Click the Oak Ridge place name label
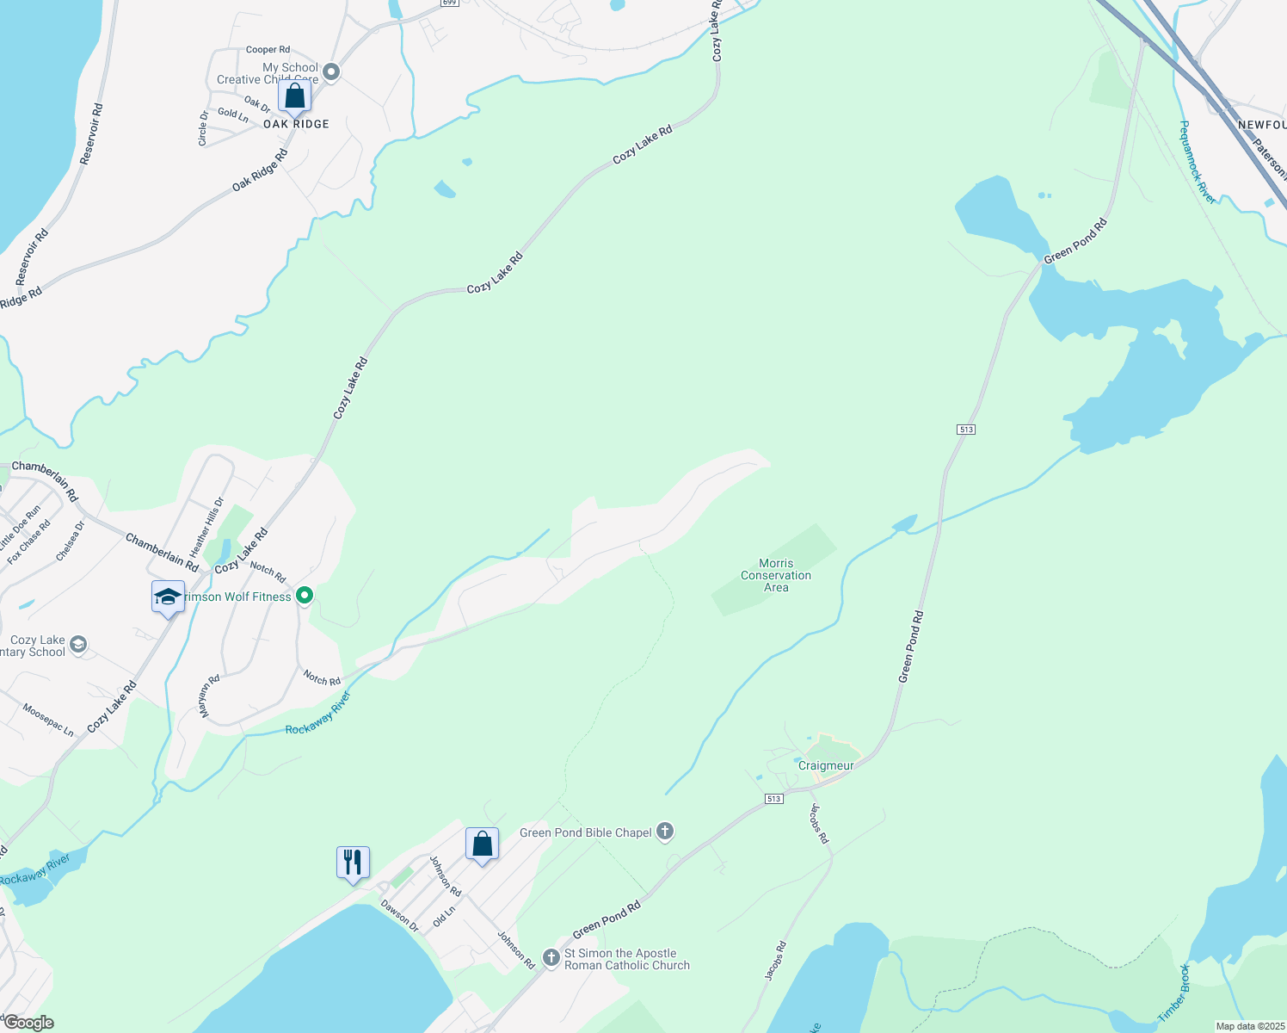pos(296,124)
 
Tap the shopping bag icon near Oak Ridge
pos(294,96)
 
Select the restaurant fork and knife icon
pos(353,862)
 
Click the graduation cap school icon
pos(168,597)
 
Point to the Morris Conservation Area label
pos(776,576)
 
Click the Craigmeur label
pos(826,765)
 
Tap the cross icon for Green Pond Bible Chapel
pos(664,832)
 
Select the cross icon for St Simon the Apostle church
pos(551,958)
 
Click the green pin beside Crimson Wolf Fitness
pos(304,595)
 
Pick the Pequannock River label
pos(1198,163)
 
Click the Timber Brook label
pos(1173,993)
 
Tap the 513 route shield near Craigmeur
pos(773,799)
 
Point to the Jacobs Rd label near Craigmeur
pos(819,824)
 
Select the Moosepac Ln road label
pos(48,720)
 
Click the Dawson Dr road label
pos(399,916)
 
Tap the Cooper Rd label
pos(268,50)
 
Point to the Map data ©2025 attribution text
pos(1249,1026)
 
